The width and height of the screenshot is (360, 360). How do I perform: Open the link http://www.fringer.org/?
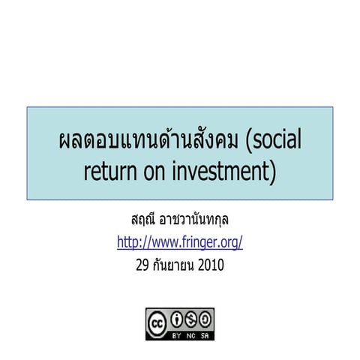[x=180, y=243]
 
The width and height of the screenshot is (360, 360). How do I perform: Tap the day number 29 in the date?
[x=143, y=265]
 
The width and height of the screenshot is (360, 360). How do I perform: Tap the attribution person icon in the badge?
[x=177, y=319]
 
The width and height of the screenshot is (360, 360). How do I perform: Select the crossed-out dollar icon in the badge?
[x=190, y=319]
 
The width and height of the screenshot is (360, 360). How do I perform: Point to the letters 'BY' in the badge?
[x=177, y=332]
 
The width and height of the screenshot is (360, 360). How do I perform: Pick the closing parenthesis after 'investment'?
[x=272, y=172]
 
